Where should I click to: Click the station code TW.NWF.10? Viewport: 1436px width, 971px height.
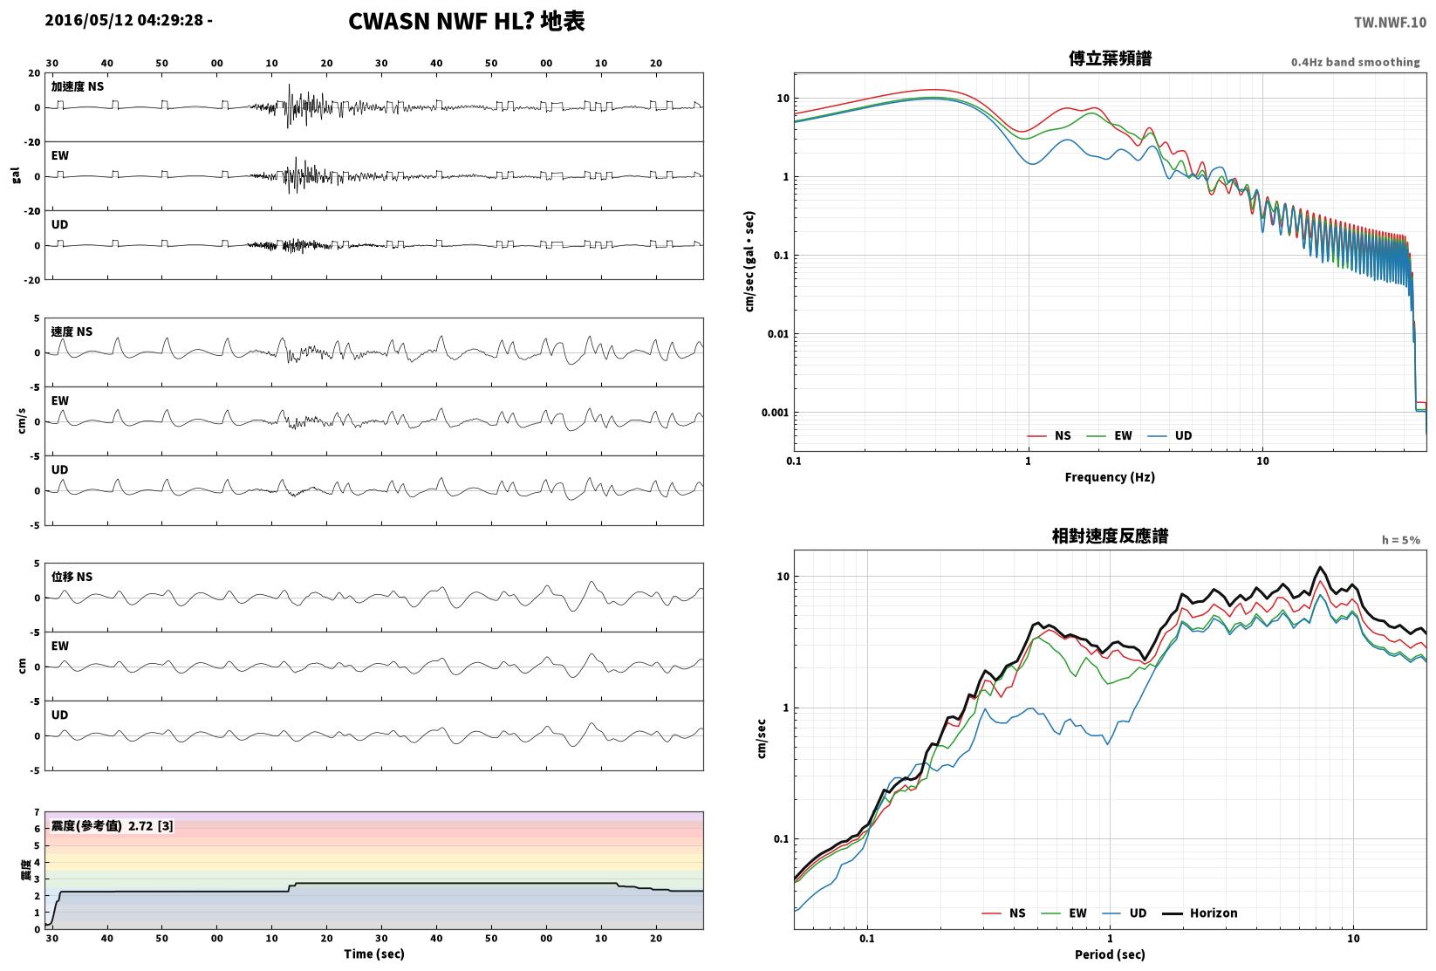tap(1390, 23)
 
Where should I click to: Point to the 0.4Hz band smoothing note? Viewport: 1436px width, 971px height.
tap(1355, 62)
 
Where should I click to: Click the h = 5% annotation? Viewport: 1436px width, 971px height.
tap(1401, 540)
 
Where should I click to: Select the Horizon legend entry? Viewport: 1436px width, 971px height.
tap(1200, 913)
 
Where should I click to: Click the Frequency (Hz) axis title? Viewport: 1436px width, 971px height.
tap(1110, 477)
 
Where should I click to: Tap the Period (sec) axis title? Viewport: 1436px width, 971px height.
tap(1110, 954)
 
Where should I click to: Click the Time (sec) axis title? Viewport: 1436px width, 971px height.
tap(374, 954)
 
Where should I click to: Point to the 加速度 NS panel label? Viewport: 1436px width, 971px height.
tap(78, 86)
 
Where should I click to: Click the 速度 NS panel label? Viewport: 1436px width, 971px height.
tap(72, 332)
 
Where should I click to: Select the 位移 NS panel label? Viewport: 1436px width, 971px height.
tap(72, 576)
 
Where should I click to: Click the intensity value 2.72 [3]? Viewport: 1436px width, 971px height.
tap(151, 825)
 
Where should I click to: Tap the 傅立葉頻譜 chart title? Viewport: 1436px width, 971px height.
tap(1110, 58)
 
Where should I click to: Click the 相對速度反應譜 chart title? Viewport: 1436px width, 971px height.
tap(1110, 536)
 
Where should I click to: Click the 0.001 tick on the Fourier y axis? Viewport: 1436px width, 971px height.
tap(775, 412)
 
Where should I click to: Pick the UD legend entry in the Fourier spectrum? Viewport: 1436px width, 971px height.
tap(1170, 435)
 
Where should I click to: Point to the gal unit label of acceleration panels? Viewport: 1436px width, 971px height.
tap(16, 175)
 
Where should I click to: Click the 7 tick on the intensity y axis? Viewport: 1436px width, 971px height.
tap(38, 812)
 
